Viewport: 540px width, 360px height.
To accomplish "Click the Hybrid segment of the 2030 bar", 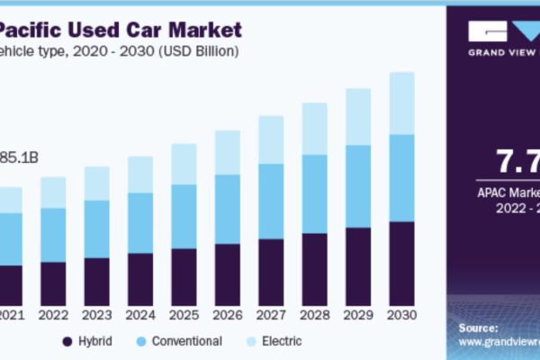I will click(401, 263).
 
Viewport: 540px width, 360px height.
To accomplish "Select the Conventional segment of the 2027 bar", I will click(271, 201).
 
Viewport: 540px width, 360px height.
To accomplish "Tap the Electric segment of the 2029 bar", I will click(358, 117).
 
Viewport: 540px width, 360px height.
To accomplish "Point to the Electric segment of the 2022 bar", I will click(53, 192).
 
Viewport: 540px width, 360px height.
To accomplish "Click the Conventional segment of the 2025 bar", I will click(184, 216).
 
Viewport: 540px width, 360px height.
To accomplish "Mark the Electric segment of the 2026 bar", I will click(228, 152).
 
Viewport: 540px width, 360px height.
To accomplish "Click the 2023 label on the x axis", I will click(97, 316).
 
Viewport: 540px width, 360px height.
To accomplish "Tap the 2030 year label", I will click(401, 316).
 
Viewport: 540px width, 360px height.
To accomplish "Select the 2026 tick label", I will click(228, 316).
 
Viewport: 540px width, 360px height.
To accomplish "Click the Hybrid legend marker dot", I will click(67, 342).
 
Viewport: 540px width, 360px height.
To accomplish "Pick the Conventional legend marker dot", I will click(140, 342).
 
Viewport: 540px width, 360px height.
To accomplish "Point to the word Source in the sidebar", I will click(479, 328).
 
